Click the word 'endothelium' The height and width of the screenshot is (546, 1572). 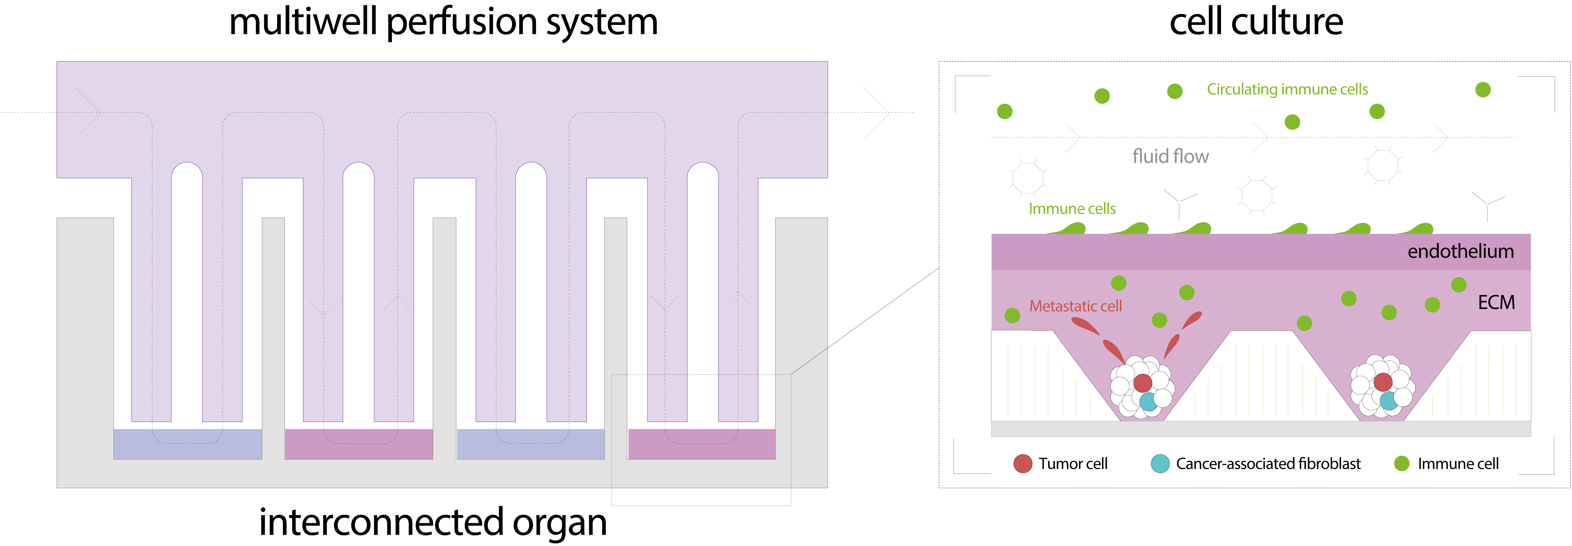pyautogui.click(x=1460, y=251)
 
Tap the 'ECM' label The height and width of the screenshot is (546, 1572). pyautogui.click(x=1496, y=303)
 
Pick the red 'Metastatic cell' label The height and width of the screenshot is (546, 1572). pyautogui.click(x=1075, y=306)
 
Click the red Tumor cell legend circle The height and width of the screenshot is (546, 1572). pyautogui.click(x=1023, y=464)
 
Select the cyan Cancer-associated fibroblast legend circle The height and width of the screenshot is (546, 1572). pyautogui.click(x=1160, y=464)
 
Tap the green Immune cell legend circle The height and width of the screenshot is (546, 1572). pyautogui.click(x=1402, y=464)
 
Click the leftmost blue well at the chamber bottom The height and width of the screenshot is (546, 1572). pyautogui.click(x=188, y=444)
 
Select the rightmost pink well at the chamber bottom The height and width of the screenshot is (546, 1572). pyautogui.click(x=702, y=444)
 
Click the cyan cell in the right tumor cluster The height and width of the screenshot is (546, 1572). pyautogui.click(x=1389, y=401)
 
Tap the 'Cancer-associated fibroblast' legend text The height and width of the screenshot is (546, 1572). pyautogui.click(x=1268, y=464)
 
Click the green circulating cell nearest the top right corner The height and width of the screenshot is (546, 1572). pyautogui.click(x=1483, y=90)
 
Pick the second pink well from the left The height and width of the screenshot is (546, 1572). pyautogui.click(x=702, y=444)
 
